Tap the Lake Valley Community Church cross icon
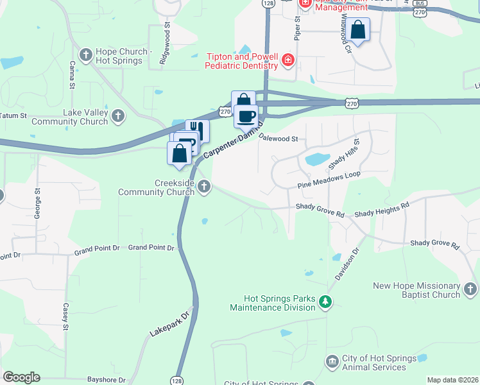point(117,116)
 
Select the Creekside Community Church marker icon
point(204,187)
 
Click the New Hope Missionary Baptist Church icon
point(470,289)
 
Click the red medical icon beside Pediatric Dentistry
point(287,61)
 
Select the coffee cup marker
point(246,117)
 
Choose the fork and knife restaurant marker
point(198,131)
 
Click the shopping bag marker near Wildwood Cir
point(359,30)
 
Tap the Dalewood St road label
point(279,138)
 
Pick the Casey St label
point(65,316)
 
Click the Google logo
point(21,377)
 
